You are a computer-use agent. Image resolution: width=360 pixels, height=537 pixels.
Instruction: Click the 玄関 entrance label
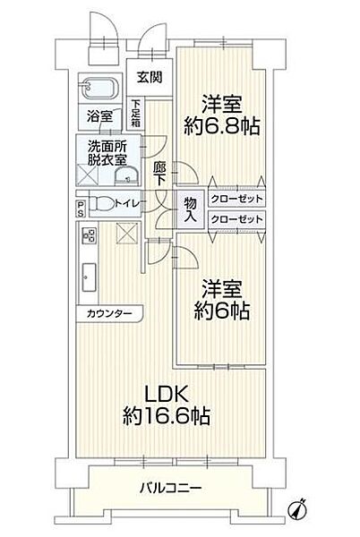point(150,77)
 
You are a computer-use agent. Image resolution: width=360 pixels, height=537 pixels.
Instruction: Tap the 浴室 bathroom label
point(99,116)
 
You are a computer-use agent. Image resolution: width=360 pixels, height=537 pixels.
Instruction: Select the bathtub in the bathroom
point(99,89)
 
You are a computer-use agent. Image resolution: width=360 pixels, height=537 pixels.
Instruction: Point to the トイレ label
point(126,203)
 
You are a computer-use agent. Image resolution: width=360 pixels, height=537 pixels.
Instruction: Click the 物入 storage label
point(190,209)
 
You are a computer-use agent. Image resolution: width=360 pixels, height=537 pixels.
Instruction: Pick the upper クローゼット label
point(238,200)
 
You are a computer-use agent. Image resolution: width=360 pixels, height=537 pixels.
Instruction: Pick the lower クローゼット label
point(238,218)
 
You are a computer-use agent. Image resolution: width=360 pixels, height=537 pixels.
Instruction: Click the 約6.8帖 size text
point(223,126)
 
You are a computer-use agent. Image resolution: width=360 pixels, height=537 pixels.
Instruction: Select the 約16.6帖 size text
point(167,415)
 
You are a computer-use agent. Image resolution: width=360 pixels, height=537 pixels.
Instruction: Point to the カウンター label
point(109,313)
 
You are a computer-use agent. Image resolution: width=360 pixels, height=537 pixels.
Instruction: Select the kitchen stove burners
point(90,236)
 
